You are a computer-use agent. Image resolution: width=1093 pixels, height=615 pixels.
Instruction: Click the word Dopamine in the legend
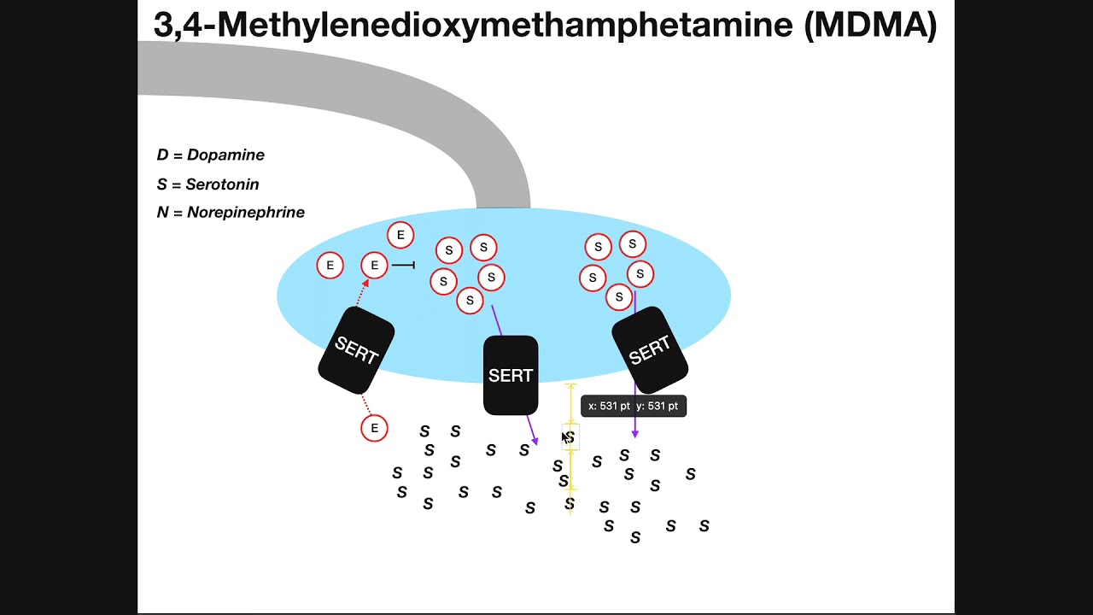[225, 155]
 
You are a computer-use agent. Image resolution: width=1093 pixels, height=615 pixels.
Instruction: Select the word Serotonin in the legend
[222, 184]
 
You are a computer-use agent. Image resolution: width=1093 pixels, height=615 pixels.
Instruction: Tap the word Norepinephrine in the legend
[245, 213]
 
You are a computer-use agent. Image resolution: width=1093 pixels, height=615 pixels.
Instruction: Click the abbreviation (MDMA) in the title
[870, 25]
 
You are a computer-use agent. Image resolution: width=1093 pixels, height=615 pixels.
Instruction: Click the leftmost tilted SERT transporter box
[356, 350]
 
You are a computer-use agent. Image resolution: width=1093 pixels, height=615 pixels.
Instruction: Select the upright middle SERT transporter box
[511, 375]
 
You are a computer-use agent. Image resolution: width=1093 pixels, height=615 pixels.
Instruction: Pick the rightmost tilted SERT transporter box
[650, 350]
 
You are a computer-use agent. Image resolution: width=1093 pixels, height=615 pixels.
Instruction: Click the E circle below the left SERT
[374, 428]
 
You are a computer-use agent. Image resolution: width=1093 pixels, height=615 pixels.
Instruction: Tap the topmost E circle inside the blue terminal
[400, 235]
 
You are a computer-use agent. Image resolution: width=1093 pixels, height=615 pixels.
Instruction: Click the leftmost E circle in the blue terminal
[330, 266]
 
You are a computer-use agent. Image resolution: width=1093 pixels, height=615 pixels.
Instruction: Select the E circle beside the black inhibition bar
[374, 265]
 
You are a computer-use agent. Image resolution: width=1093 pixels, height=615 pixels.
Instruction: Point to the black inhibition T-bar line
[404, 265]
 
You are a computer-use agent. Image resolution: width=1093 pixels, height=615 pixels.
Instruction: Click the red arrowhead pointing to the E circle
[365, 283]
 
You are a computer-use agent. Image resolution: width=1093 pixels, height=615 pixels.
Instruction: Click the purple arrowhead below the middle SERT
[535, 442]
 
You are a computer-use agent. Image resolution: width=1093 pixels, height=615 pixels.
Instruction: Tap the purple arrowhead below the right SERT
[634, 435]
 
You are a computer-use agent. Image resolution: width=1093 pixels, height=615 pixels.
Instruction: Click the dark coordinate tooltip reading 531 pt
[634, 406]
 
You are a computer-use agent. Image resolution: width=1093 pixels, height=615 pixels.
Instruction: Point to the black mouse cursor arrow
[565, 438]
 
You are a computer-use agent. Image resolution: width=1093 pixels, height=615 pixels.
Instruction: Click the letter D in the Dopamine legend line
[162, 155]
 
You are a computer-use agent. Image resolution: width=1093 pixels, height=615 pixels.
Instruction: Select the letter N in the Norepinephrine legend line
[162, 213]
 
